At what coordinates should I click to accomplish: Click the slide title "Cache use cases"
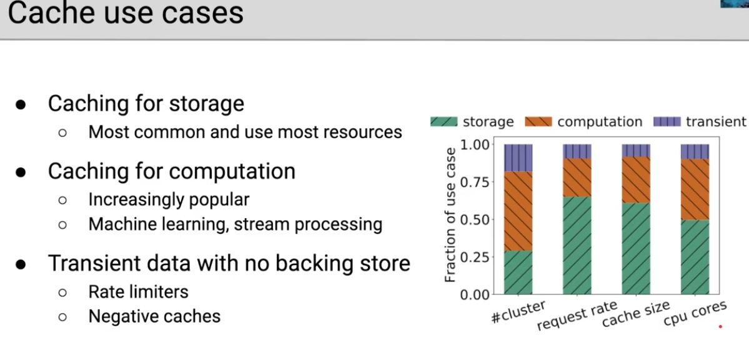coord(126,12)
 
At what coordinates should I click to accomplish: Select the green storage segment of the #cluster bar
coord(518,272)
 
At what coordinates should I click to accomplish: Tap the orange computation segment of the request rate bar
coord(577,177)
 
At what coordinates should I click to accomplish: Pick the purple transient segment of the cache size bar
coord(636,151)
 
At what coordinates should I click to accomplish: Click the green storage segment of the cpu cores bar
coord(695,257)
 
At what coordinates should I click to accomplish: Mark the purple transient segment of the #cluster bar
coord(518,157)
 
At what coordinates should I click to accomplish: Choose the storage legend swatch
coord(444,121)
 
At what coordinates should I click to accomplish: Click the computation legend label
coord(600,122)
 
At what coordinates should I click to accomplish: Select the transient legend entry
coord(699,122)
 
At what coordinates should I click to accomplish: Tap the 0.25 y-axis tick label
coord(475,257)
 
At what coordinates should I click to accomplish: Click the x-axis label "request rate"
coord(577,316)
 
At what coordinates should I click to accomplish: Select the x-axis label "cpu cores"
coord(695,314)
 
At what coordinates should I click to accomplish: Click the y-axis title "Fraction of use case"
coord(450,214)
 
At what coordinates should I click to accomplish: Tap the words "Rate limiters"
coord(139,292)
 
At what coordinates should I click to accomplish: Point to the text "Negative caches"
coord(154,316)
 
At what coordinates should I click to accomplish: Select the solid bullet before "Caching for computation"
coord(21,172)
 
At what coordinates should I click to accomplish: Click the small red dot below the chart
coord(720,327)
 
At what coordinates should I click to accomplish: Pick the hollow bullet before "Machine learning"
coord(62,225)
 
